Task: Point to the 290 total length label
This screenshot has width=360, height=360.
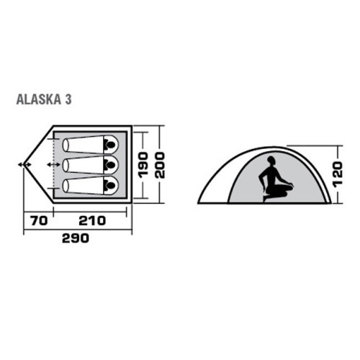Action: click(76, 238)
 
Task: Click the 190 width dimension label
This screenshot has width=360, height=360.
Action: click(143, 166)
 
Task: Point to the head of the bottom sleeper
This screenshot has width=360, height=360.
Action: click(111, 185)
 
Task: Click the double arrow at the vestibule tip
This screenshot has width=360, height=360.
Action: click(24, 165)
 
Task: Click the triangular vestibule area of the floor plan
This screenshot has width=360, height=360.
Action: click(40, 165)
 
